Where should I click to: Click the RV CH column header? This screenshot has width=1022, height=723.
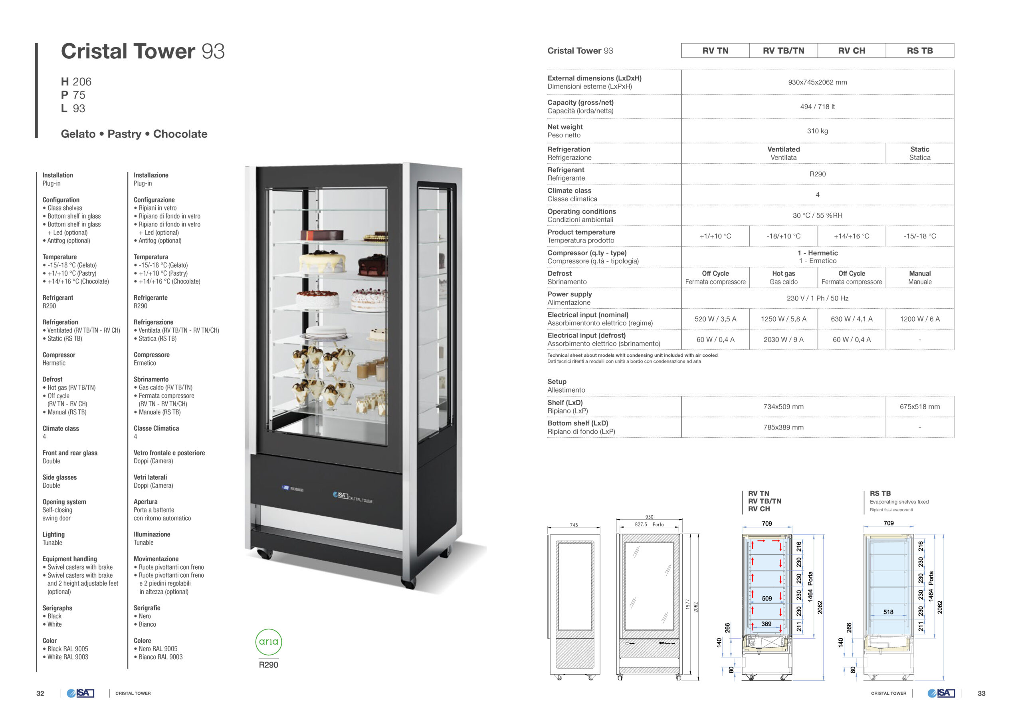pos(852,51)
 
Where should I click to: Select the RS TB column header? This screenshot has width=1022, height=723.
pos(920,51)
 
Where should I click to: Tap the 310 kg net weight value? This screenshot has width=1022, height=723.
pos(817,131)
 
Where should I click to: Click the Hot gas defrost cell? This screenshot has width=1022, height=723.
pos(783,278)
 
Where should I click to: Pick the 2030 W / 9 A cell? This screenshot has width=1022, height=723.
pos(783,340)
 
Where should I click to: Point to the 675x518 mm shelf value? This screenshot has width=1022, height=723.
pos(920,407)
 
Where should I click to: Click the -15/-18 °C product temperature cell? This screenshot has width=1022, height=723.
pos(920,236)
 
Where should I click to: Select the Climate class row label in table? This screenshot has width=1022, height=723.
pos(569,191)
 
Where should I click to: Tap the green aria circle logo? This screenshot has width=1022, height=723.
pos(268,642)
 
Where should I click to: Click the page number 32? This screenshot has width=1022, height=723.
pos(40,693)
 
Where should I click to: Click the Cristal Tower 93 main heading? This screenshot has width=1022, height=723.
pos(143,51)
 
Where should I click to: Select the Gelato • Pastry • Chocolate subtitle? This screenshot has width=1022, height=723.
pos(134,134)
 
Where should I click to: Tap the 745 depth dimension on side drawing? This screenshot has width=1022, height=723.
pos(574,525)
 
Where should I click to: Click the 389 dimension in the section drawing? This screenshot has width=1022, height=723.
pos(766,624)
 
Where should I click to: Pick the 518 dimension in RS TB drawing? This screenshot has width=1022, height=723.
pos(888,612)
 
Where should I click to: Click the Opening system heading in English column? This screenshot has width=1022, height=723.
pos(65,502)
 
